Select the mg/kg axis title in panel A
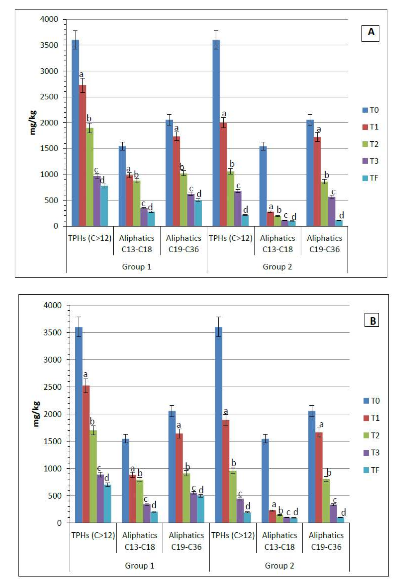tap(33, 123)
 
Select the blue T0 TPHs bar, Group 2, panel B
tap(219, 425)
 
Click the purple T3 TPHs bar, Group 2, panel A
tap(238, 208)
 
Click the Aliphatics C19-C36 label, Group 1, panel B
tap(186, 541)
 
